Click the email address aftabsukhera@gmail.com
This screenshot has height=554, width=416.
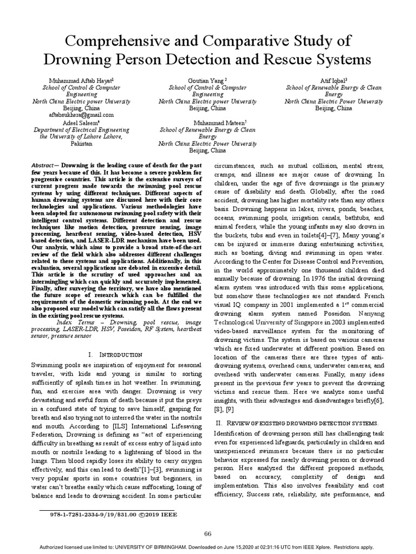(x=81, y=115)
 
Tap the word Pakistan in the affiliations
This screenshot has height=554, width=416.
(x=81, y=144)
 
